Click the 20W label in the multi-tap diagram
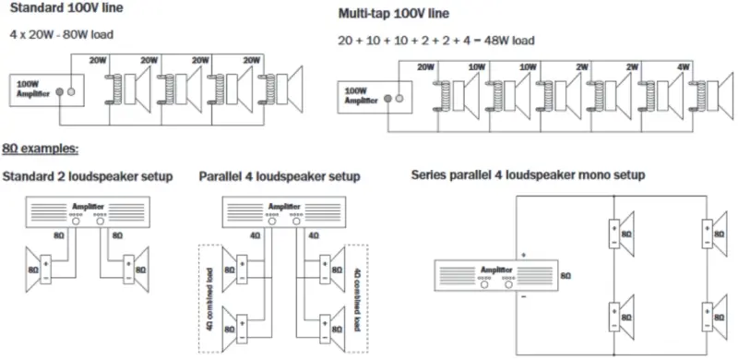pos(425,66)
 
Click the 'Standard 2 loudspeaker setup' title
pos(88,176)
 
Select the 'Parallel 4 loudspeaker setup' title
pos(280,176)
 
